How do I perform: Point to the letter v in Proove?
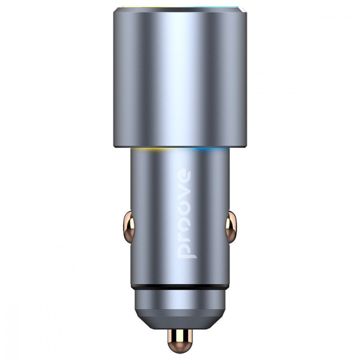tap(185, 194)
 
